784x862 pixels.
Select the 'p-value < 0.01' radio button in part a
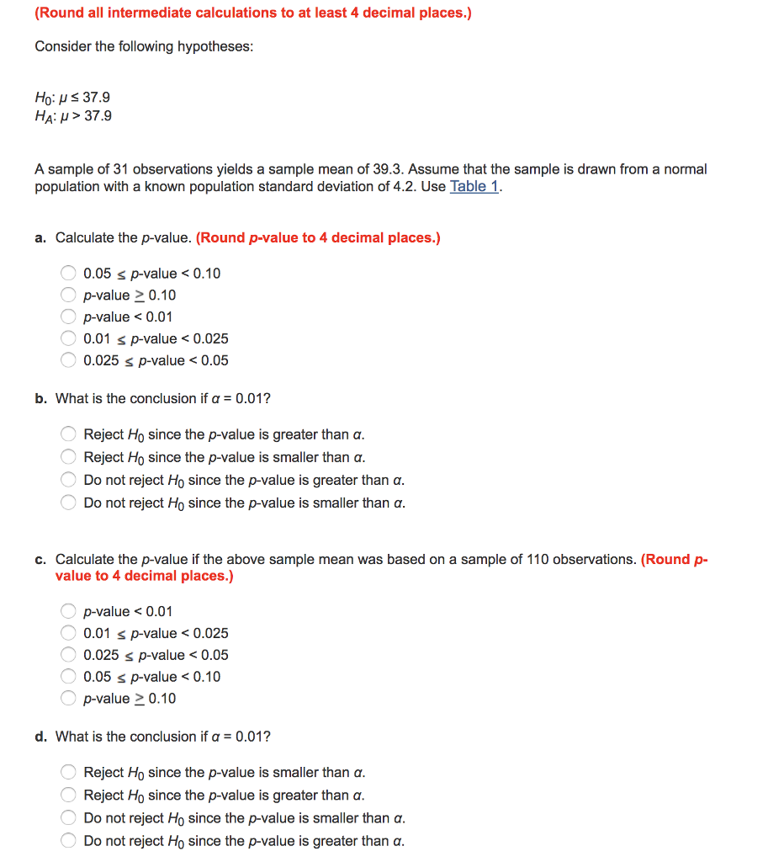[x=69, y=317]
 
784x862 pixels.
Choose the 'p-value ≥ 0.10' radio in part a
[x=69, y=295]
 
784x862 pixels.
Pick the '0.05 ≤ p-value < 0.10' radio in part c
[x=69, y=677]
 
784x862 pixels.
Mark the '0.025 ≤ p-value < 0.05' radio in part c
[x=69, y=655]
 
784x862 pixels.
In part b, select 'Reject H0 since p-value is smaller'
[x=69, y=458]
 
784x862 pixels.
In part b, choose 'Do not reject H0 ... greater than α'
[x=69, y=481]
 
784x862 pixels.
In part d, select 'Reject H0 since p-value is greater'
[x=69, y=795]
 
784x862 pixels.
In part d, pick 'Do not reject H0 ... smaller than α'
[x=69, y=818]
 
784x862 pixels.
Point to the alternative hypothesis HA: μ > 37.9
[x=73, y=116]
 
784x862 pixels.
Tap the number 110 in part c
[x=538, y=560]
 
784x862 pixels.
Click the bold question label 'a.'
[x=40, y=238]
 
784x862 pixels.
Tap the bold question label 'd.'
[x=40, y=737]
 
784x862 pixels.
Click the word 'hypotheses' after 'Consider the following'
[x=215, y=46]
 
